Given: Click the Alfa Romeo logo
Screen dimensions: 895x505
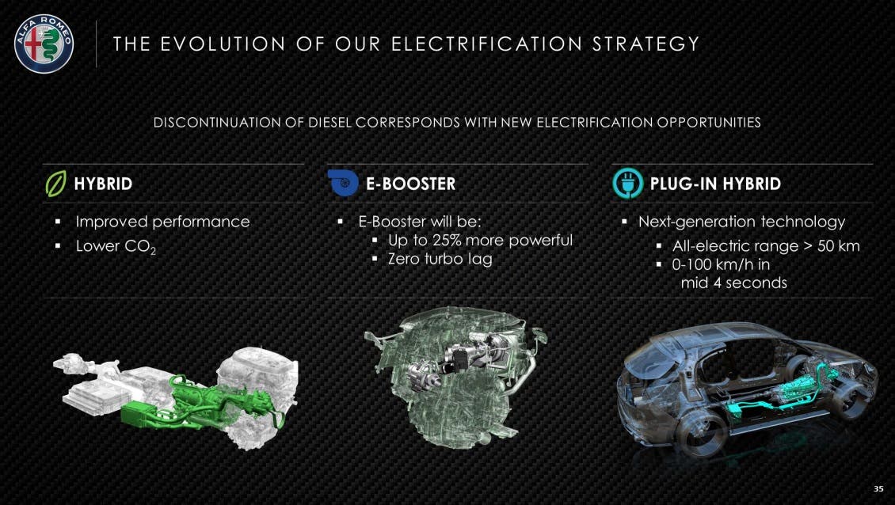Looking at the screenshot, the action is click(x=44, y=44).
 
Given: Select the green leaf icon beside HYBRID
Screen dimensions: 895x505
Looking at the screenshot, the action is click(x=56, y=183).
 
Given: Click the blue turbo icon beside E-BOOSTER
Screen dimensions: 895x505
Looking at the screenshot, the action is click(x=343, y=183).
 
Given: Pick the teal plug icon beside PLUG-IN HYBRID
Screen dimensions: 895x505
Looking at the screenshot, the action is click(x=628, y=183).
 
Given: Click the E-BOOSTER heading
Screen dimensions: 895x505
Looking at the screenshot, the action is click(x=410, y=184).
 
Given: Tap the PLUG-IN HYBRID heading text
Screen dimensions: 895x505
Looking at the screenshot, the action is click(x=715, y=184).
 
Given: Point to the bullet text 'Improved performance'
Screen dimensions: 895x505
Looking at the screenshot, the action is click(x=162, y=222).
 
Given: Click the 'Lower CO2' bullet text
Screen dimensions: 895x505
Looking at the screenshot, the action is click(x=116, y=246).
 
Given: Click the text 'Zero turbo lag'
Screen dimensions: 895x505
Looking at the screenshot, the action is click(x=440, y=259).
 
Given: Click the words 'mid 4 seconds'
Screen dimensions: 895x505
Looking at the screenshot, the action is click(x=733, y=283).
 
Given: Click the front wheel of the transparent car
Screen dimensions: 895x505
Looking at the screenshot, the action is click(x=701, y=433).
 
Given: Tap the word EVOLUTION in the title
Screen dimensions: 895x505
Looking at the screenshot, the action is click(x=222, y=44).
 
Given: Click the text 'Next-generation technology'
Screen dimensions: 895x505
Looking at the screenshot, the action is click(x=741, y=222).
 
